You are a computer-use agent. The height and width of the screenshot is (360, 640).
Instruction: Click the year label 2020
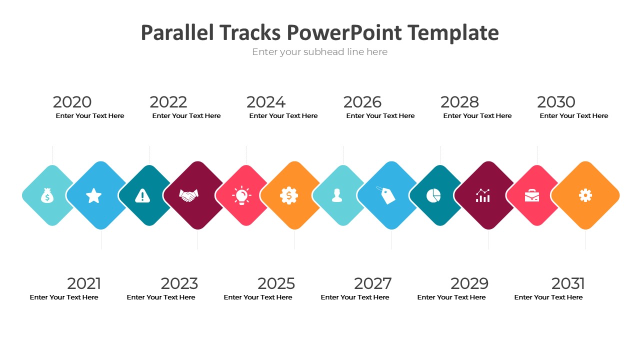pos(72,102)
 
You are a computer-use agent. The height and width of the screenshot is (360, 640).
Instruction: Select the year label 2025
pos(276,283)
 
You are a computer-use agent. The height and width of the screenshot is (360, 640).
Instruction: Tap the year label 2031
pos(568,283)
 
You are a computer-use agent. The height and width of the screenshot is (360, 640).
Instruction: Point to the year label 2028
pos(459,102)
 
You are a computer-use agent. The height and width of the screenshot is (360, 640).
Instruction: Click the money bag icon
pos(47,195)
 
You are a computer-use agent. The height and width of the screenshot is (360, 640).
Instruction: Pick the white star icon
pos(93,195)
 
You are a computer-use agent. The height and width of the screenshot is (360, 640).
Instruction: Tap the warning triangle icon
pos(142,195)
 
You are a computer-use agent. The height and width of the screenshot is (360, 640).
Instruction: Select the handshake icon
pos(188,195)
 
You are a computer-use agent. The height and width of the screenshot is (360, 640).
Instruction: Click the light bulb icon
pos(241,195)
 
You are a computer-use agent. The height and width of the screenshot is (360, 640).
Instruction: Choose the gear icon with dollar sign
pos(289,195)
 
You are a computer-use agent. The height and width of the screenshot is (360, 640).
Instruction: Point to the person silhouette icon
pos(337,195)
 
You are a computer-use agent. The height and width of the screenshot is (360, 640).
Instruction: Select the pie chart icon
pos(433,195)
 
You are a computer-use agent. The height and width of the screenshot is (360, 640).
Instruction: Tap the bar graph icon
pos(483,195)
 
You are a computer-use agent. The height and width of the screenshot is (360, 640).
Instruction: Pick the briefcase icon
pos(531,195)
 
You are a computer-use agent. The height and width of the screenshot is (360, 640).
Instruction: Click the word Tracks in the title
pos(250,32)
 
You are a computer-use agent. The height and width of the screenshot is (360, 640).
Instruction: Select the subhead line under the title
pos(319,52)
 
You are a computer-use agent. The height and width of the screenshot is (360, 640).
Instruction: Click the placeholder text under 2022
pos(186,115)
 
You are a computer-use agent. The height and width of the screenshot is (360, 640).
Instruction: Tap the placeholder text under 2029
pos(451,297)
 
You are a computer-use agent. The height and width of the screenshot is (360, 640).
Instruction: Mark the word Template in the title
pos(453,33)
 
